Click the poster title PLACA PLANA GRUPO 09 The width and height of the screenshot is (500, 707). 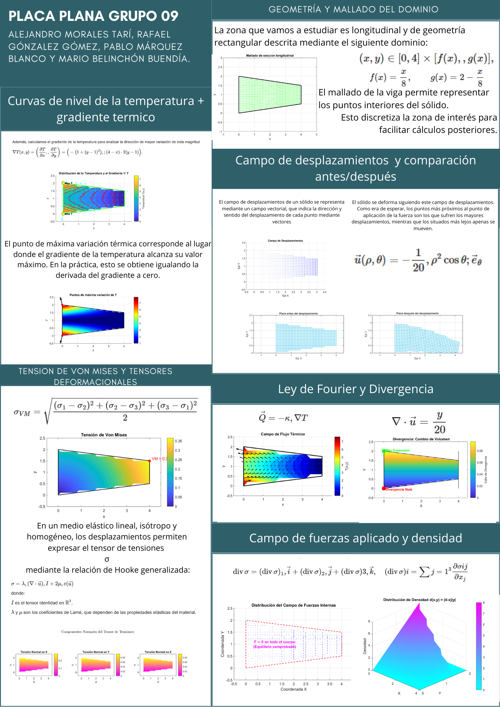coord(93,16)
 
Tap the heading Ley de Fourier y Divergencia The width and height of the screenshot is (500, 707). coord(355,389)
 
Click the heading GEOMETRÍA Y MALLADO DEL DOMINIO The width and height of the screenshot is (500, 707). coord(353,10)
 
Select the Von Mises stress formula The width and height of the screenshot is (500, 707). coord(105,411)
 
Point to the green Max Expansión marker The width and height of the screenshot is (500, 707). coord(384,451)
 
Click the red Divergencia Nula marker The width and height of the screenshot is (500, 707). coord(384,489)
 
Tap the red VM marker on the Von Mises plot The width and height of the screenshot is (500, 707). coord(150,461)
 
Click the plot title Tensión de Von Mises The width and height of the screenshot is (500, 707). coord(104,435)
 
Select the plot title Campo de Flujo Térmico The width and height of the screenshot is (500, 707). coord(283,434)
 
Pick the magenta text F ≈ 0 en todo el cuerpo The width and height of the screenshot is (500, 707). coord(274,642)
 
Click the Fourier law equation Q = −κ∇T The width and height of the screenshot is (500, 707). coord(283,418)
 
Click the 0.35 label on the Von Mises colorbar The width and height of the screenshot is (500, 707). coord(178,441)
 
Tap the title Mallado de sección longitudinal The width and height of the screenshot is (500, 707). coord(270,55)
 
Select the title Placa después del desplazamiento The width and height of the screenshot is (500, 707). coord(417,314)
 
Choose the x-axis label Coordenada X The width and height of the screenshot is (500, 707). coord(293,689)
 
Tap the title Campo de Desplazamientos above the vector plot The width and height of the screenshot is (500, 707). coord(285,241)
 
